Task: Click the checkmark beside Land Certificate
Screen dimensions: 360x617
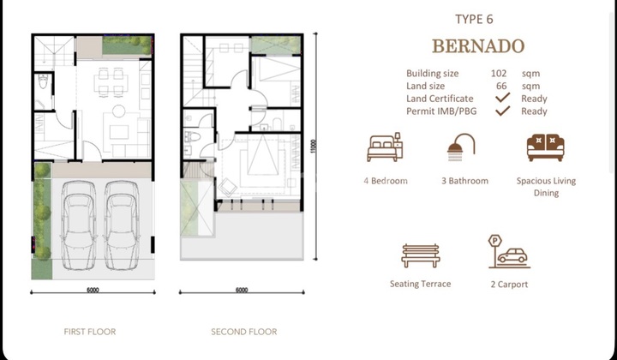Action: click(504, 99)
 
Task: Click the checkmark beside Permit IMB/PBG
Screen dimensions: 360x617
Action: click(504, 111)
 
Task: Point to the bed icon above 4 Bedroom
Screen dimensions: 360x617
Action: click(386, 148)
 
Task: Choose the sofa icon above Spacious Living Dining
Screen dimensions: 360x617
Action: click(545, 148)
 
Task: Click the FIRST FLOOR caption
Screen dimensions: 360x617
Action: click(90, 331)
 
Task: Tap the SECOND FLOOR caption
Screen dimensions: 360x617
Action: click(244, 331)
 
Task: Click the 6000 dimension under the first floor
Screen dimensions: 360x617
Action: click(93, 290)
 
